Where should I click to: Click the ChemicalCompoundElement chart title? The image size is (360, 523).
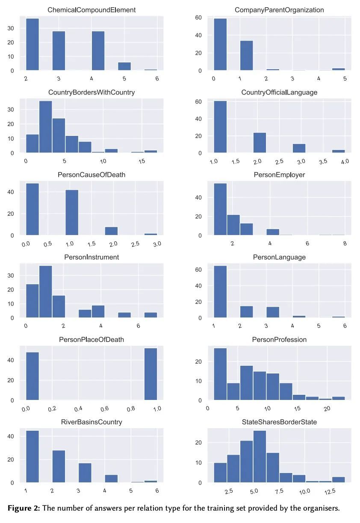[x=91, y=10]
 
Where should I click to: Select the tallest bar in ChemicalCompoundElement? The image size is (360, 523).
[x=32, y=44]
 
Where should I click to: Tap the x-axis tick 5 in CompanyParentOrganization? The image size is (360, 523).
[x=345, y=79]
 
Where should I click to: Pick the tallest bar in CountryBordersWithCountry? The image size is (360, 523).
[x=45, y=127]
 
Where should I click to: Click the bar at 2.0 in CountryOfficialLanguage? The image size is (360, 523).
[x=260, y=143]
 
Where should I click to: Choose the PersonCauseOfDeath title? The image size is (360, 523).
[x=91, y=175]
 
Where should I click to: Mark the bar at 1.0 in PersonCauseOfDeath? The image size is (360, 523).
[x=72, y=212]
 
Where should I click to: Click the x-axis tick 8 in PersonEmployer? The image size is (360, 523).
[x=345, y=244]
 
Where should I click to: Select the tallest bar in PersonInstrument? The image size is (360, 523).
[x=45, y=292]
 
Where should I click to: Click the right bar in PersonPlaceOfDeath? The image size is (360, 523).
[x=150, y=374]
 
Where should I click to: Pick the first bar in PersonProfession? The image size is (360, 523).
[x=220, y=374]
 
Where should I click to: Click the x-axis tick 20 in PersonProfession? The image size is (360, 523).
[x=327, y=408]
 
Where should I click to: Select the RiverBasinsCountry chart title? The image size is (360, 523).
[x=91, y=422]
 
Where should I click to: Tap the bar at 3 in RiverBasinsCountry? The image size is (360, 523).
[x=85, y=473]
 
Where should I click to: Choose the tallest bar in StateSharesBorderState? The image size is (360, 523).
[x=260, y=457]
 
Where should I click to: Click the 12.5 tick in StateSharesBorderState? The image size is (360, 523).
[x=329, y=491]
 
